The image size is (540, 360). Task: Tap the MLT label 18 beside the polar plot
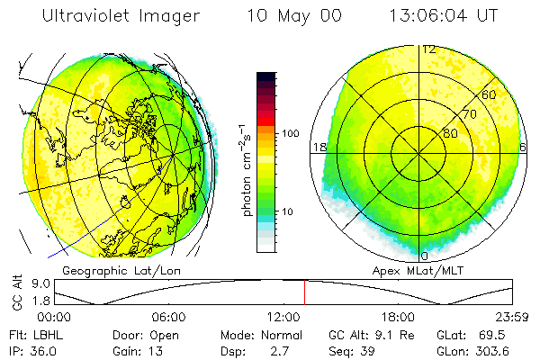point(318,147)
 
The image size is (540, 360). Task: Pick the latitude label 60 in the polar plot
point(490,94)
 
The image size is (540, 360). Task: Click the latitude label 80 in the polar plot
point(449,134)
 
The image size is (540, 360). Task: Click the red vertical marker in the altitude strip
point(304,292)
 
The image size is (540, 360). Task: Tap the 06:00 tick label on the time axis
point(168,317)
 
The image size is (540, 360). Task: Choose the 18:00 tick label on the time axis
point(398,317)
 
